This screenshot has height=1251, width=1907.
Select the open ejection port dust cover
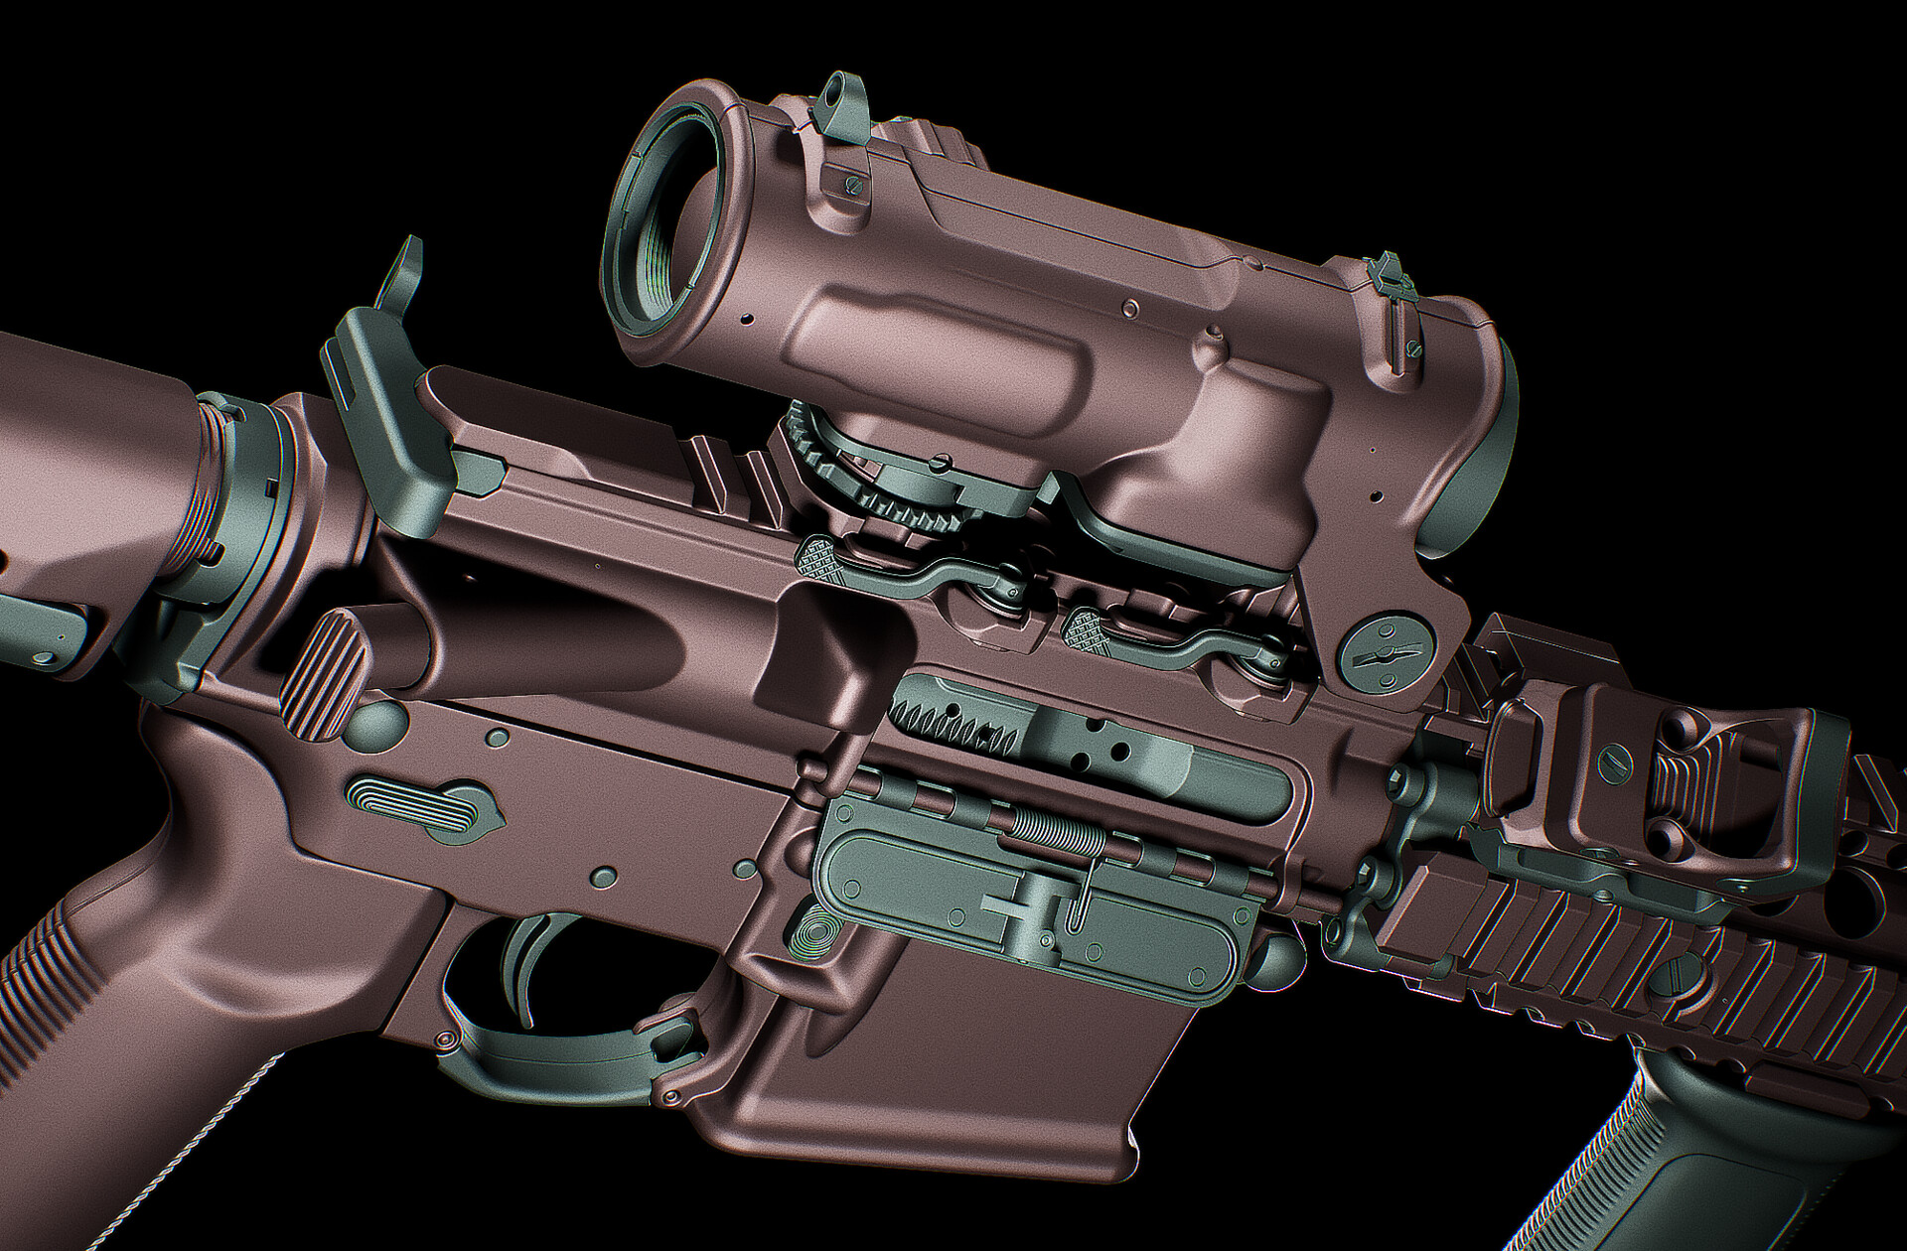(1033, 899)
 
